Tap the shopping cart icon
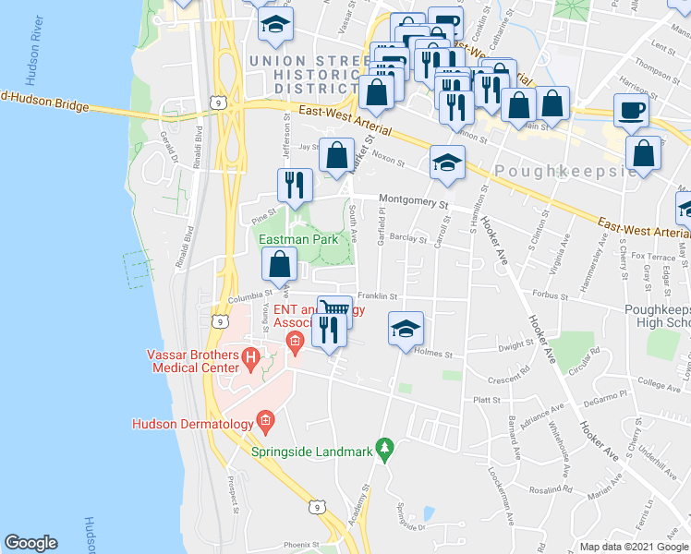[x=335, y=310]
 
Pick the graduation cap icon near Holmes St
[x=405, y=329]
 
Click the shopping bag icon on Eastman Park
[x=279, y=266]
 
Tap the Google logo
[x=30, y=543]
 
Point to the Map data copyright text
[x=634, y=547]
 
